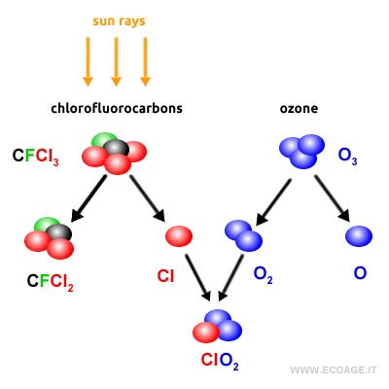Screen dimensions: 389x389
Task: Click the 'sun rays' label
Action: click(x=117, y=20)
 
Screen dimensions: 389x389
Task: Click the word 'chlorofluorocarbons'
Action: click(x=117, y=108)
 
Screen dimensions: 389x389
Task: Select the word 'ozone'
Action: click(x=299, y=108)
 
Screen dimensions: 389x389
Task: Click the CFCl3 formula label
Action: click(x=36, y=156)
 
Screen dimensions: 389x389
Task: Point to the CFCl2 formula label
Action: click(x=51, y=285)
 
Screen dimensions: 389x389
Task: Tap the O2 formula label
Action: click(x=264, y=276)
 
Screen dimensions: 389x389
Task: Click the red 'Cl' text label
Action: click(x=166, y=276)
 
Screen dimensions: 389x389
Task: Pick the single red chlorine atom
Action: click(x=179, y=235)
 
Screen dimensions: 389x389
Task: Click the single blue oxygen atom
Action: click(x=359, y=235)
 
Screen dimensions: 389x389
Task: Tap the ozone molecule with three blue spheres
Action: click(x=301, y=151)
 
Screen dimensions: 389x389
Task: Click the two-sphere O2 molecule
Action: click(x=243, y=235)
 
